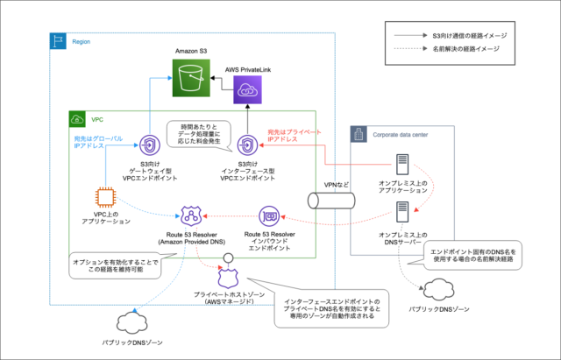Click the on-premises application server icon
401,166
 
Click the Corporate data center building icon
358,134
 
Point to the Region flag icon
59,40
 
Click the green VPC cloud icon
76,117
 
